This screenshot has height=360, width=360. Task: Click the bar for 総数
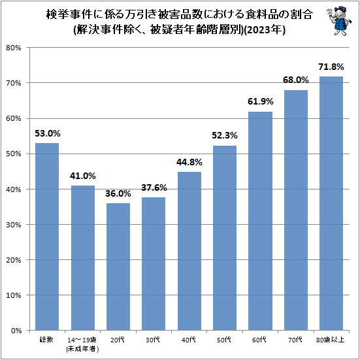point(46,237)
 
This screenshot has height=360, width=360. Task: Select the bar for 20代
point(118,267)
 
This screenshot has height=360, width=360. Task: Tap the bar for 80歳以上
point(331,203)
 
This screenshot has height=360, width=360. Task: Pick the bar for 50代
point(225,238)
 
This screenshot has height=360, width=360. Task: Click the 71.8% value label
point(331,67)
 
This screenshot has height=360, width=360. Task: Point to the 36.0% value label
point(118,194)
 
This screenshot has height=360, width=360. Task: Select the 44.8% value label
point(189,163)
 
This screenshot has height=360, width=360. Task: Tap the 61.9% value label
point(260,102)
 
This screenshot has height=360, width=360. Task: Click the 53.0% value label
point(46,133)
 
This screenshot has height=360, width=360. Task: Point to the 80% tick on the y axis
point(14,48)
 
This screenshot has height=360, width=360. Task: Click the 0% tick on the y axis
point(16,331)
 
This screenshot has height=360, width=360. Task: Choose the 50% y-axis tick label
point(14,154)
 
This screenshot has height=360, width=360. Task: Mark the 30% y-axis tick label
point(14,225)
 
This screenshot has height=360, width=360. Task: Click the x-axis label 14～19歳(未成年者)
point(82,344)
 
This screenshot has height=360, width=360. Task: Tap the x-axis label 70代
point(296,340)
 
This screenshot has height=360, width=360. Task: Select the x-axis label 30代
point(154,340)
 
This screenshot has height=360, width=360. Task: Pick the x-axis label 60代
point(260,340)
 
